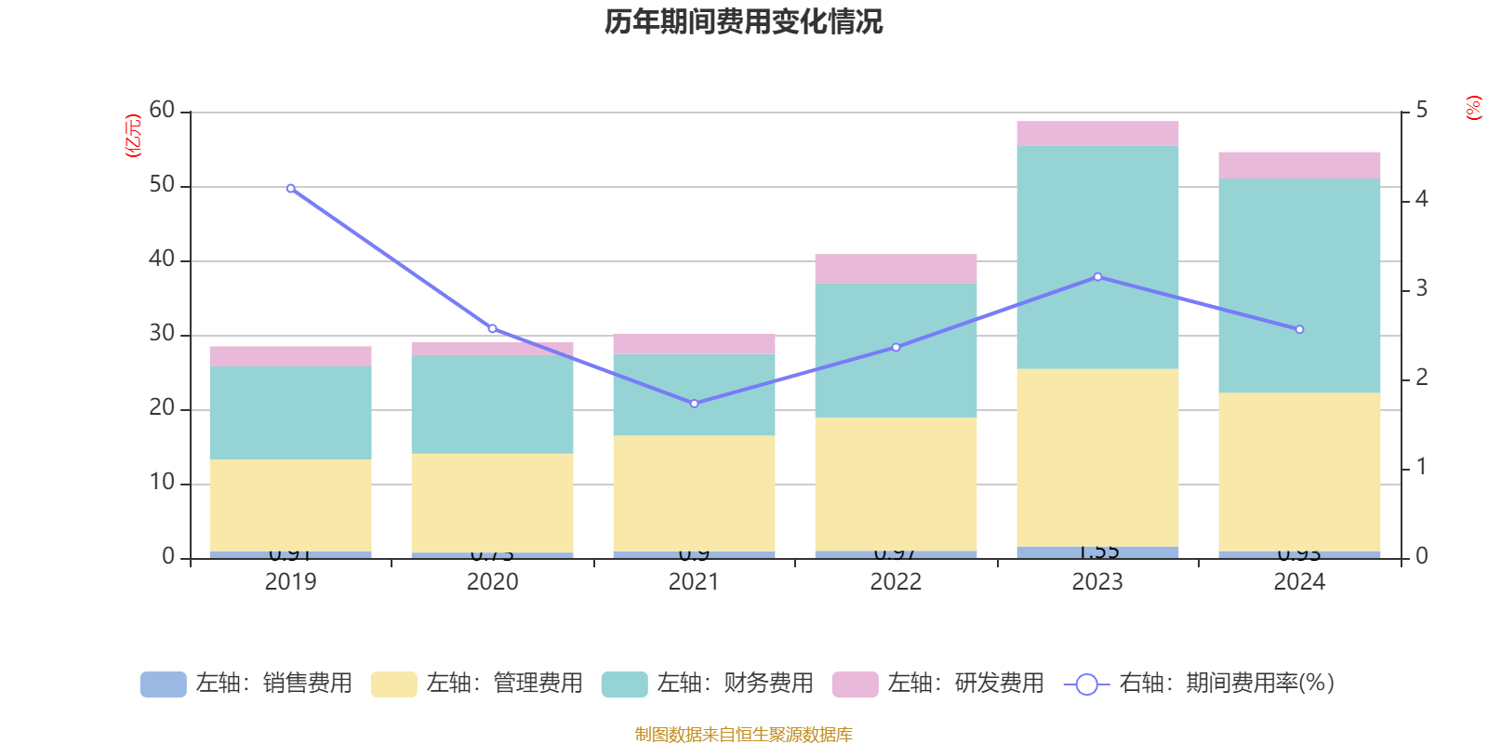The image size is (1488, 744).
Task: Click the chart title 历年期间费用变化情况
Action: (743, 21)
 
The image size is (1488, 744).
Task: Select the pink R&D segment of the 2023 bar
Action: (1097, 133)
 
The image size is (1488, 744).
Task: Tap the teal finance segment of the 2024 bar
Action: (1299, 285)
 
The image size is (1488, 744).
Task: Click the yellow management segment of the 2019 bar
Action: (290, 505)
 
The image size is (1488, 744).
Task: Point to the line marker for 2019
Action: (291, 189)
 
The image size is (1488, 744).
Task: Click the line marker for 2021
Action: (694, 404)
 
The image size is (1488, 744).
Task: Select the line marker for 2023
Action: (1097, 277)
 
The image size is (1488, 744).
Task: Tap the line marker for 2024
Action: (1299, 329)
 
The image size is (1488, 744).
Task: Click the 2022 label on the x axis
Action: (896, 582)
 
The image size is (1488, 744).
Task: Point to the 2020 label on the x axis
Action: (492, 582)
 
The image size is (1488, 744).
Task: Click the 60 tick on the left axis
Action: (162, 111)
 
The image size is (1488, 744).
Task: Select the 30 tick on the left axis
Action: (162, 334)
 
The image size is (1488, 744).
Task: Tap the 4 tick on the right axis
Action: (1421, 199)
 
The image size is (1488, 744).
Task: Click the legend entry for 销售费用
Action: (246, 684)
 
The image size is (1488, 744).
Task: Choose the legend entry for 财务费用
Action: (708, 684)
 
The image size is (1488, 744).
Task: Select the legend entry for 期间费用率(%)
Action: (1200, 684)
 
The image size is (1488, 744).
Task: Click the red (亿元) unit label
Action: (132, 136)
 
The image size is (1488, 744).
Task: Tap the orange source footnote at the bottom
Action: (743, 735)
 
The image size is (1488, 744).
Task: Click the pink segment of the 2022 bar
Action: (896, 269)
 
